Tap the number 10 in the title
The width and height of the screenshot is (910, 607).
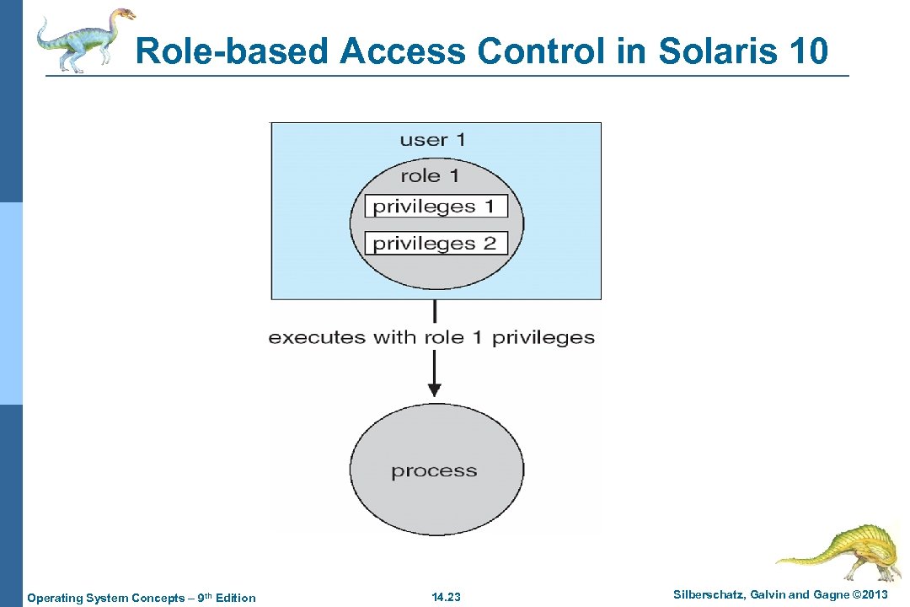pos(810,51)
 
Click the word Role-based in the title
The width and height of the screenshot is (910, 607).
pos(233,51)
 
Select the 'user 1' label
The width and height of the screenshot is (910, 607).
pos(432,140)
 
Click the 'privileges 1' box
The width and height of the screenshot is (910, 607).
pos(436,207)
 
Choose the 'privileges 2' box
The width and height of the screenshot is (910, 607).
pos(436,244)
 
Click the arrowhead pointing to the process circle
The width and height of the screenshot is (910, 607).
pos(434,389)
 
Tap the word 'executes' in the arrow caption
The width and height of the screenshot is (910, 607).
pos(317,338)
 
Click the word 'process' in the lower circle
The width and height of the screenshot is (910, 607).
pos(434,471)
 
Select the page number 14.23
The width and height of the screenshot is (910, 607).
pos(447,598)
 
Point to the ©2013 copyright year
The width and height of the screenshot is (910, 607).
pos(869,595)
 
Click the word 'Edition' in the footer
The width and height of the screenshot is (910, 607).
pos(236,598)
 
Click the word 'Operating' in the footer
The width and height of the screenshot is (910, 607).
pos(54,598)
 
